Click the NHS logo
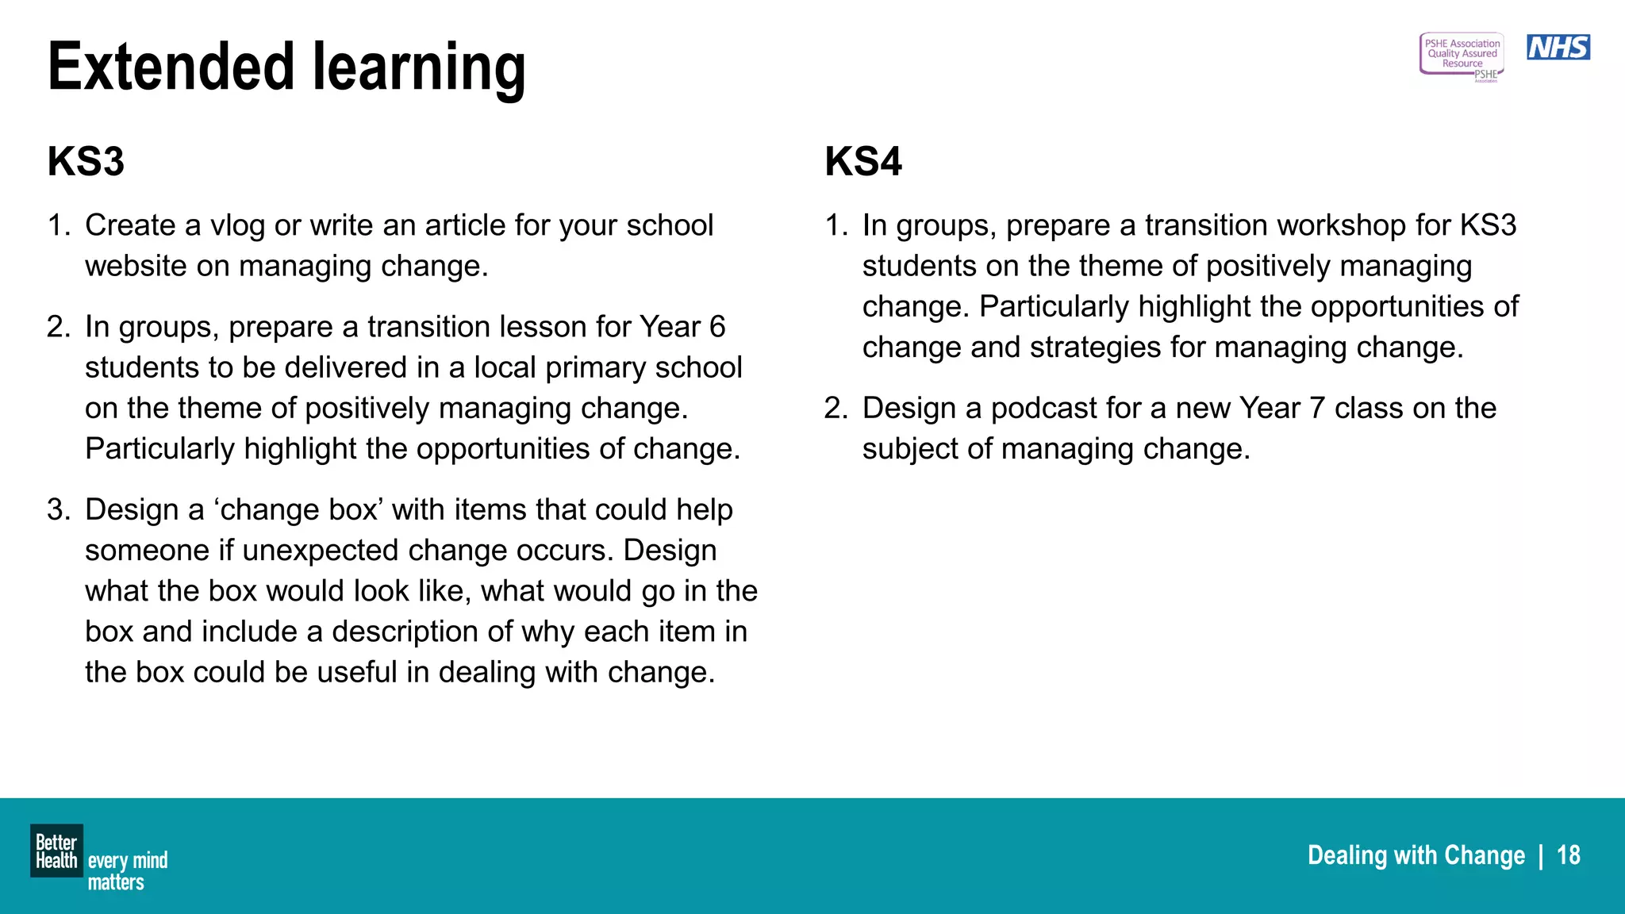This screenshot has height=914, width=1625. pos(1558,48)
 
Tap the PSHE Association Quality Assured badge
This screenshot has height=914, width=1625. pos(1461,56)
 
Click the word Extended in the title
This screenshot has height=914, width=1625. pos(171,68)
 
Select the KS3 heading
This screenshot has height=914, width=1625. pos(86,162)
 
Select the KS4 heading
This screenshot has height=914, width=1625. pos(862,162)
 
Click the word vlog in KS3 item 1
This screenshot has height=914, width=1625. pos(237,226)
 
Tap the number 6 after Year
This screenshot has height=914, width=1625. pos(716,327)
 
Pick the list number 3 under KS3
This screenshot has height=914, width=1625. pos(58,510)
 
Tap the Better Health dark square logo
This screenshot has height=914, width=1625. pos(56,851)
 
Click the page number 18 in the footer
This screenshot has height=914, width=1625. pos(1568,855)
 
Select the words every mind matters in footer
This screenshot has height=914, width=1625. pos(127,871)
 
